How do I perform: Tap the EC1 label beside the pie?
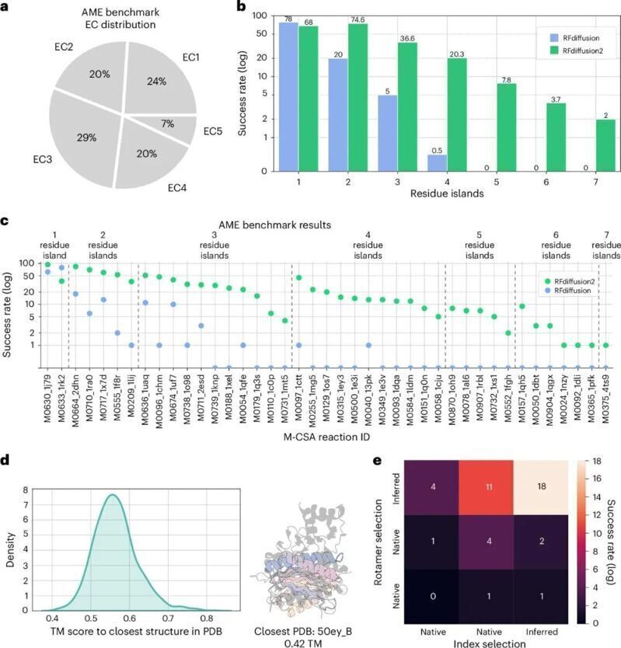click(x=190, y=57)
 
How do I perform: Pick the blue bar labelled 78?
click(x=288, y=96)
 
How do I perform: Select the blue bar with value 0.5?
click(x=437, y=163)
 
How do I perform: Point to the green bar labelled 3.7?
click(x=556, y=138)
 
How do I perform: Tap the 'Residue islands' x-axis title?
click(x=447, y=193)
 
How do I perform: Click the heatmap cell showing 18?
click(x=541, y=487)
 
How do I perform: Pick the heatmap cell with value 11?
click(x=489, y=487)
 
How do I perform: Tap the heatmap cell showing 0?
click(x=432, y=597)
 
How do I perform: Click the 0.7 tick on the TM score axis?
click(x=168, y=618)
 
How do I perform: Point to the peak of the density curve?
click(x=113, y=495)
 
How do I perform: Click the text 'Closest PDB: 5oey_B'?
click(x=302, y=632)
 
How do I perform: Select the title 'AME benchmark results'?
click(x=274, y=225)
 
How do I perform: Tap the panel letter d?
click(x=5, y=460)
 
